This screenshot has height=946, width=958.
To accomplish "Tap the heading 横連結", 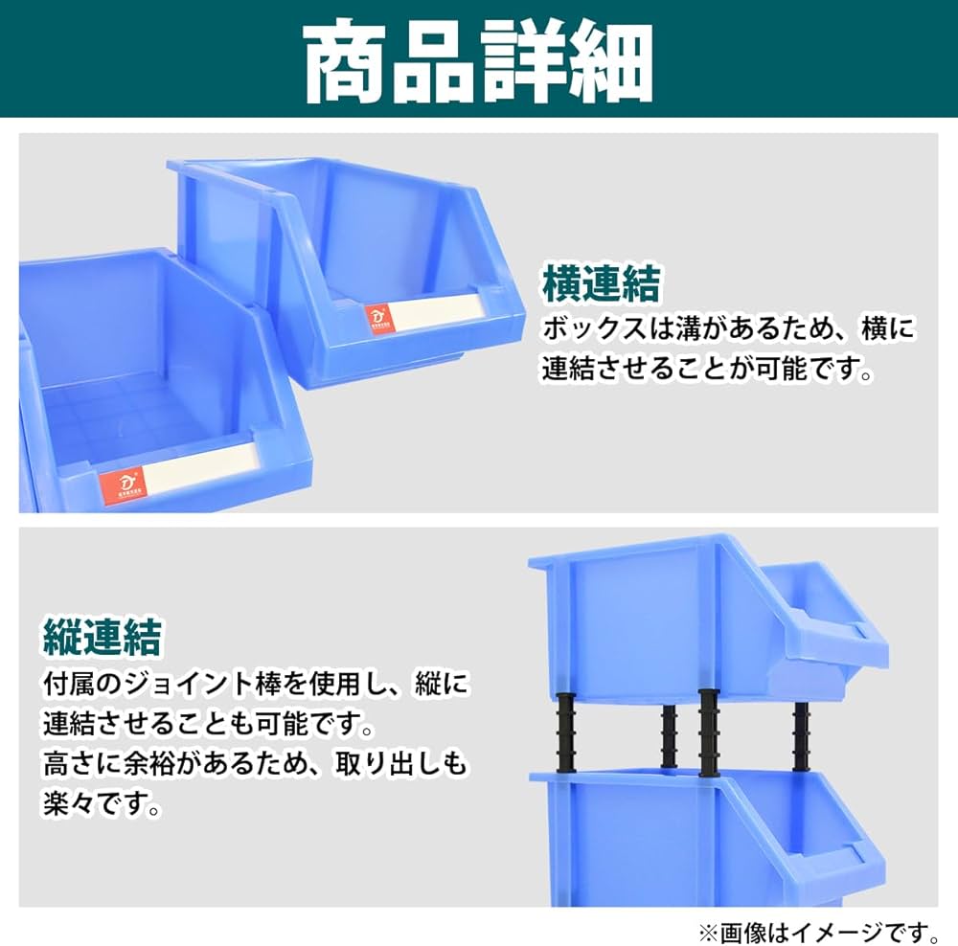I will click(x=601, y=284).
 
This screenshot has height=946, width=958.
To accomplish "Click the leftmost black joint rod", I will click(x=564, y=730).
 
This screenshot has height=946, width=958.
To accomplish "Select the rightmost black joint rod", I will click(x=801, y=734).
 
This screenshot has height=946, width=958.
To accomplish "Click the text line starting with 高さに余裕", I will click(x=254, y=764).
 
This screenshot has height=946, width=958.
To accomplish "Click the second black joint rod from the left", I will click(x=669, y=736).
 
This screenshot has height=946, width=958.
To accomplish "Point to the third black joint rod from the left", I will click(x=709, y=732).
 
